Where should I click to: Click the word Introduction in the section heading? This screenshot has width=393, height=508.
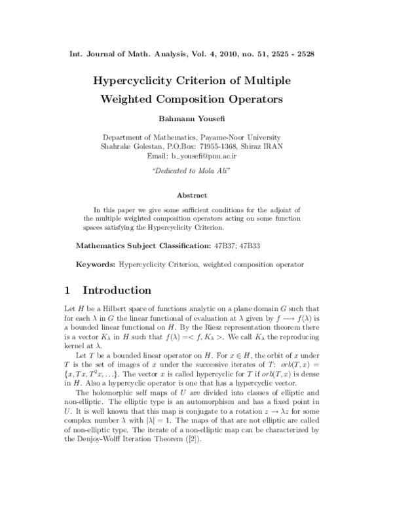[120, 290]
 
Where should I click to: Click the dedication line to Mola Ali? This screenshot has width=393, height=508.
[196, 171]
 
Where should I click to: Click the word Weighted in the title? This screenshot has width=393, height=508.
[136, 100]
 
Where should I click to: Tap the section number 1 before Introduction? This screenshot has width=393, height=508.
[69, 290]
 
